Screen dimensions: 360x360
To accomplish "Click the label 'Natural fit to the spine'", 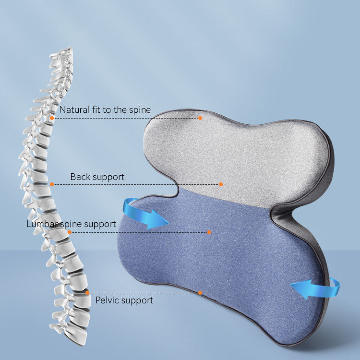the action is click(105, 110).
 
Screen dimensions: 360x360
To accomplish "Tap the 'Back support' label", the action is click(97, 177).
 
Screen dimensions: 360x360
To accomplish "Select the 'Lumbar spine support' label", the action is click(71, 224).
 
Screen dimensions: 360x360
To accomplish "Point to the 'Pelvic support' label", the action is click(124, 300).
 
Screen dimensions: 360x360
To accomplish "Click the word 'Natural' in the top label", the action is click(74, 110).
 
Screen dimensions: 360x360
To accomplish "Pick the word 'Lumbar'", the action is click(41, 224).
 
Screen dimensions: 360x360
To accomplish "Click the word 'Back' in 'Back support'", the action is click(80, 177).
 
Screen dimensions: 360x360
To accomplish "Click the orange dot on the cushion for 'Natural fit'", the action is click(201, 118).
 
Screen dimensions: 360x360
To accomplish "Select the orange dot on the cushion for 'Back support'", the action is click(221, 184).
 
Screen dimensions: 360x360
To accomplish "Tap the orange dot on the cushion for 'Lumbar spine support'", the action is click(209, 232).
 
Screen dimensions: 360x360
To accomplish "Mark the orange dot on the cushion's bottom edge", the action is click(200, 292).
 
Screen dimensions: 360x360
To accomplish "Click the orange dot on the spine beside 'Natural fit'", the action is click(52, 118).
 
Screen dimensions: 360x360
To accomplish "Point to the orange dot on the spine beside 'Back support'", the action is click(51, 184).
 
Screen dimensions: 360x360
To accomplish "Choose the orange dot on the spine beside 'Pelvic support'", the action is click(87, 292).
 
